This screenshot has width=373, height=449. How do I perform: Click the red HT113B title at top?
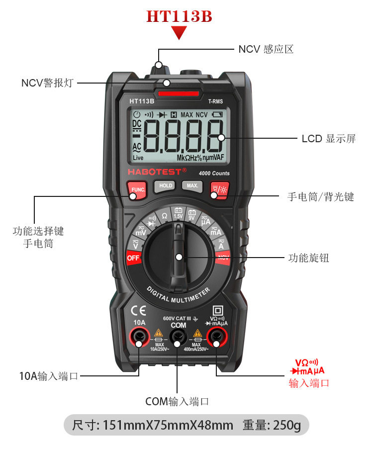point(179,16)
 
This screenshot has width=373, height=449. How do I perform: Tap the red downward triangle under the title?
point(179,33)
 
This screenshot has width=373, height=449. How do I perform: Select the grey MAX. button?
point(192,186)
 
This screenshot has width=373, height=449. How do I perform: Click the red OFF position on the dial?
point(133,258)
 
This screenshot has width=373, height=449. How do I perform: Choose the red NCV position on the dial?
point(223,258)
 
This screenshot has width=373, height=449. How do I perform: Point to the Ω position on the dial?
point(165,216)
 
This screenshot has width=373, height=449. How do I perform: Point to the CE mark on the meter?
point(138,311)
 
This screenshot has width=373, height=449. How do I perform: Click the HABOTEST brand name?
point(156,171)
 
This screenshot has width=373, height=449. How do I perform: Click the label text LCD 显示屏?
point(329,138)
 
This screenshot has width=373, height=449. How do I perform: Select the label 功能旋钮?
point(308,258)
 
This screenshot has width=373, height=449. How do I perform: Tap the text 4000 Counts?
point(214,173)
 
